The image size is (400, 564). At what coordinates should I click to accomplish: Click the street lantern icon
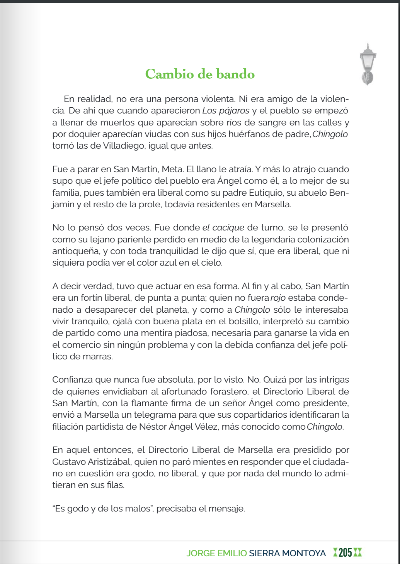pos(368,64)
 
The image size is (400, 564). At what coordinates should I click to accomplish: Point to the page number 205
pos(345,553)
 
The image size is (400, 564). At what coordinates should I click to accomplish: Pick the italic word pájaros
pos(234,111)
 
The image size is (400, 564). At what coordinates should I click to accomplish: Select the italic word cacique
pos(228,228)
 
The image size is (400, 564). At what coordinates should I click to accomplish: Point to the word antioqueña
pos(76,251)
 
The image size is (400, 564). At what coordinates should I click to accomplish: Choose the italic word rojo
pos(278,298)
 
